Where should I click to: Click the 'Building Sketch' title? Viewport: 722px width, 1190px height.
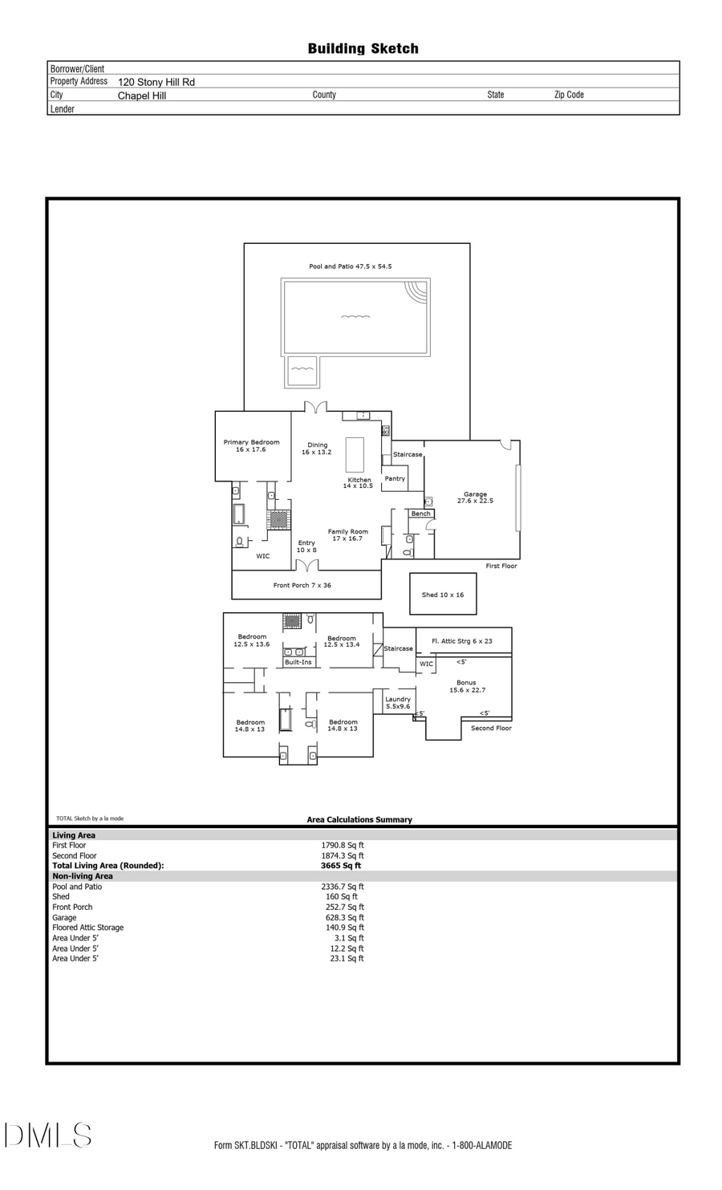(363, 49)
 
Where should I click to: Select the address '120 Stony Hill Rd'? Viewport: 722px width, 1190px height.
(156, 82)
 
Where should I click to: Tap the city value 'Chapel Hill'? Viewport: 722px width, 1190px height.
(142, 95)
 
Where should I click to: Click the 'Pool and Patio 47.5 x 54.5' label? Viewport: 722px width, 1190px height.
(351, 266)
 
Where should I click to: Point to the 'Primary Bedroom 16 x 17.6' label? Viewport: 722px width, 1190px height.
(251, 446)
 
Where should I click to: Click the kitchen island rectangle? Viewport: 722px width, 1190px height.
(355, 454)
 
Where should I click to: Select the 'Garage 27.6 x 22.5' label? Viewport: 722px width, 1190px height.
(475, 498)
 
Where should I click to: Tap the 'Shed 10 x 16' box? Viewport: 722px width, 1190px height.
(443, 595)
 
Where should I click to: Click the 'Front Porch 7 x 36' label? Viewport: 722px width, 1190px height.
(302, 586)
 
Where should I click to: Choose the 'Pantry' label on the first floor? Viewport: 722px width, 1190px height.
(395, 479)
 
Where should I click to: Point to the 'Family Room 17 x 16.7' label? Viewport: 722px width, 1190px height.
(347, 535)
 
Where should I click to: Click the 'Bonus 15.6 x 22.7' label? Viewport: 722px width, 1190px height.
(466, 686)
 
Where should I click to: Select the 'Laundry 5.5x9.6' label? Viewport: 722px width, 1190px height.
(398, 703)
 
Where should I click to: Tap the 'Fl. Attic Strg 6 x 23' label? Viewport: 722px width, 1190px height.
(461, 641)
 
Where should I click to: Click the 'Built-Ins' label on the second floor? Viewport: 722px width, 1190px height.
(298, 663)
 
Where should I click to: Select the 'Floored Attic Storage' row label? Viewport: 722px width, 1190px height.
(88, 928)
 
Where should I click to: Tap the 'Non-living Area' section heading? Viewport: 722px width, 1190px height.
(83, 876)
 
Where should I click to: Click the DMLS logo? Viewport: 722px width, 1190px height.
(48, 1135)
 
